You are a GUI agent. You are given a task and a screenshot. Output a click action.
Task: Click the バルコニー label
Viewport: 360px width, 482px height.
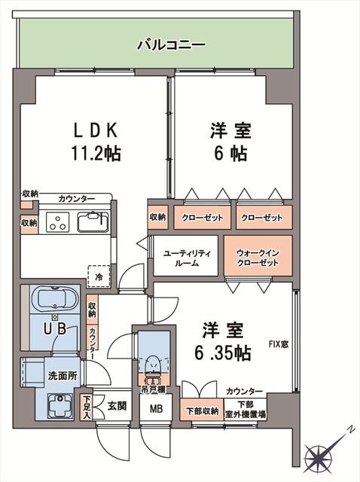point(170,44)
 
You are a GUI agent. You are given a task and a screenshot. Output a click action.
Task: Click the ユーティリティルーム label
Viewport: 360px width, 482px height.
point(188,258)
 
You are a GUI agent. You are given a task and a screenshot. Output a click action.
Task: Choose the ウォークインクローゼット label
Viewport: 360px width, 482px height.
point(256,258)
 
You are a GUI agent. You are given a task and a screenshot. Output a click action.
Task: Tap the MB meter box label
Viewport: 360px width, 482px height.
point(155,410)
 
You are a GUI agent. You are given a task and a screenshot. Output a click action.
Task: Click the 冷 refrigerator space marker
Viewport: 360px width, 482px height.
point(98,276)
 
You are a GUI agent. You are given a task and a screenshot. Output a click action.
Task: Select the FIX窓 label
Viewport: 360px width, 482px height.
point(279,345)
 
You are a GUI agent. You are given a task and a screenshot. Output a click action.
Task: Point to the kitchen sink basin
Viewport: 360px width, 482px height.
point(93,223)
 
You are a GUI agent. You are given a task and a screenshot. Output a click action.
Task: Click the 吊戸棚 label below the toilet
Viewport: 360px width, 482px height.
point(154,389)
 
